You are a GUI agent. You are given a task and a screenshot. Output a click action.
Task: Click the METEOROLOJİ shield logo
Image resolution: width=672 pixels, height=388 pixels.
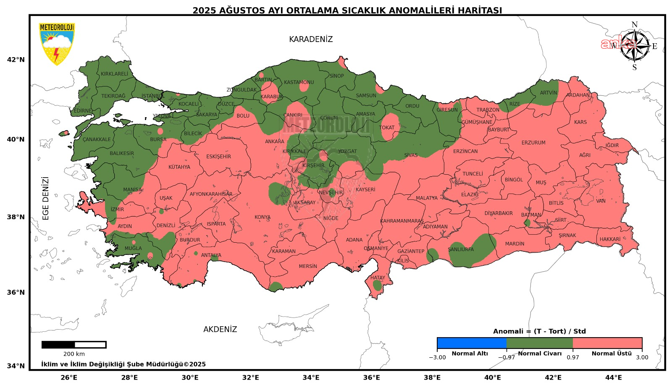pos(57,44)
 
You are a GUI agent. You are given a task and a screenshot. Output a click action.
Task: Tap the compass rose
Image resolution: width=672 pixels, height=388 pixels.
pos(634,46)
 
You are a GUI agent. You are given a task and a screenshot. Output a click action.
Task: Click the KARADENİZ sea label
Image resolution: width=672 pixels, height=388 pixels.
pos(310,39)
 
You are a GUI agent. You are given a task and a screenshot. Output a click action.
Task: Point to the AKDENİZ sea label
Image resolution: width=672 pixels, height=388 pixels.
pos(220,329)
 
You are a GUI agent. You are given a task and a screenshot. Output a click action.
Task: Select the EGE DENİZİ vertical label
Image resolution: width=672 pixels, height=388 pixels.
pos(46,198)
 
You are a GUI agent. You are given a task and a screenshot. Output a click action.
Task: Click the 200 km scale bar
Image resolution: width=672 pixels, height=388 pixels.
pos(74,345)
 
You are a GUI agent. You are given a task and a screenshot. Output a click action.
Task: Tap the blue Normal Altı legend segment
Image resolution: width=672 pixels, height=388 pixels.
pos(471,343)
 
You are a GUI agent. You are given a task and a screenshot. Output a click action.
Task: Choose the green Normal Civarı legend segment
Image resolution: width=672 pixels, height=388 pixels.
pos(539,343)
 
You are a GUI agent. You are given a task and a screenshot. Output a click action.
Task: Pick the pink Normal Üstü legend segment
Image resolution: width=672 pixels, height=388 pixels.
pos(607,343)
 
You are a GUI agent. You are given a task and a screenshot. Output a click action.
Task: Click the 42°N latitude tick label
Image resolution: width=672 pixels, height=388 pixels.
pos(16,60)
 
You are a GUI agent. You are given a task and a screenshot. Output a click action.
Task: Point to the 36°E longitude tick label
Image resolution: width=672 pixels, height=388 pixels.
pos(371,378)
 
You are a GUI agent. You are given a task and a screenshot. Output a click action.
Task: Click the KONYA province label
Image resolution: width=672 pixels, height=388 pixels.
pos(262,217)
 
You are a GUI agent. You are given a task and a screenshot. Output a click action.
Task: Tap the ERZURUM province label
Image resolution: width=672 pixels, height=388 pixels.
pos(533,143)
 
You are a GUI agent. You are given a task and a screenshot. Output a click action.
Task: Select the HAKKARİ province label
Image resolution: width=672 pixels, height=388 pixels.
pos(610,239)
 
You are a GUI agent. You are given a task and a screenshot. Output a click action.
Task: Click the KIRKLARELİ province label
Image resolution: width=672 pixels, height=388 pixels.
pos(114,74)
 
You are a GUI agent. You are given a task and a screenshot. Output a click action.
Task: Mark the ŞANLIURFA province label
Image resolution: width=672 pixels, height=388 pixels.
pos(460,249)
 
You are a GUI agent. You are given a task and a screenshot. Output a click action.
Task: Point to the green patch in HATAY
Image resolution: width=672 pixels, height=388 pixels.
pos(377,286)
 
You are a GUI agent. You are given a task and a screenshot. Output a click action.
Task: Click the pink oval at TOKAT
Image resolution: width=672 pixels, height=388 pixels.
pos(389,127)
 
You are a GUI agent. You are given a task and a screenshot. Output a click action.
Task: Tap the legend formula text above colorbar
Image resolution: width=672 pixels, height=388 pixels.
pos(539,331)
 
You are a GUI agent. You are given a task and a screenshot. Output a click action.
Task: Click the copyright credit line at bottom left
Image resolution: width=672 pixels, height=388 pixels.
pos(123,364)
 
